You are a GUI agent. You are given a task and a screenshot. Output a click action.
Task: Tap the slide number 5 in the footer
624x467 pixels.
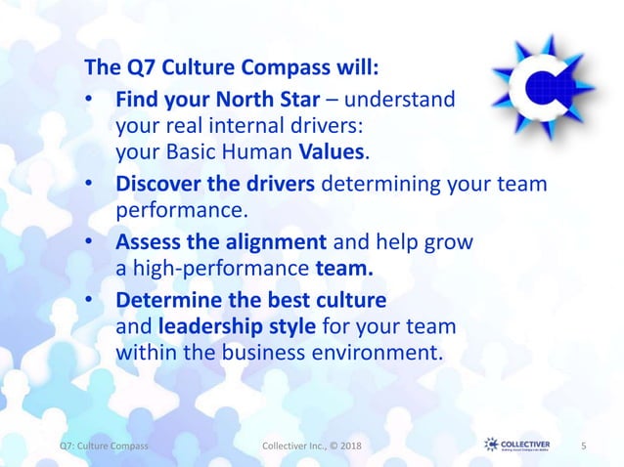583,446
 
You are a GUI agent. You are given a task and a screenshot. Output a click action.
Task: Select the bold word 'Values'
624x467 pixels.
334,152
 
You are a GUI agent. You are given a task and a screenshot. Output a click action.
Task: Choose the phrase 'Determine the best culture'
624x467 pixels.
251,297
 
